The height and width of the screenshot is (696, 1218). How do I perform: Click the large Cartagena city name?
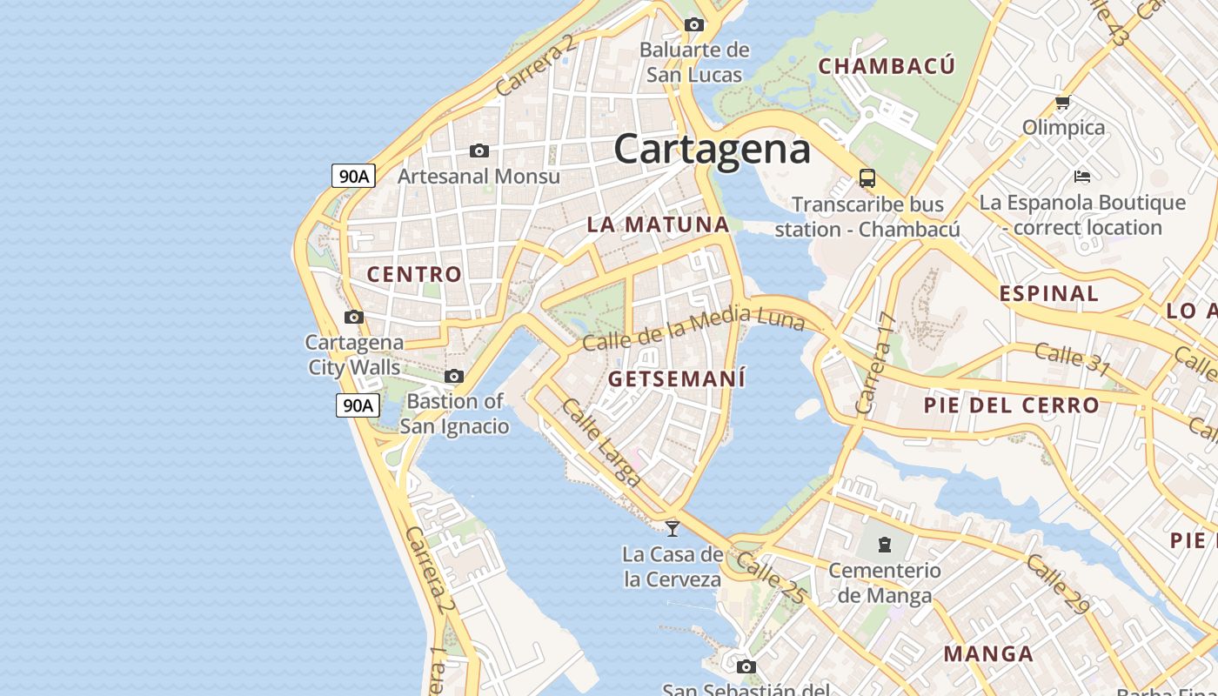click(x=712, y=150)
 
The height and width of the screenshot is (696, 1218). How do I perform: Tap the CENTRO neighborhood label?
click(x=414, y=275)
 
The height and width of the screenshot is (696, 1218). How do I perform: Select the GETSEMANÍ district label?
click(x=677, y=379)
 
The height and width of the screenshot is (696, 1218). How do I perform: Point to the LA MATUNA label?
click(x=658, y=224)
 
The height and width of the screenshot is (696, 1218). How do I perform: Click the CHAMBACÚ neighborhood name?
click(x=887, y=66)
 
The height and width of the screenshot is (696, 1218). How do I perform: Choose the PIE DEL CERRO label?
click(x=1012, y=405)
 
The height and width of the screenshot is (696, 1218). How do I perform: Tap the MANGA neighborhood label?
click(x=989, y=653)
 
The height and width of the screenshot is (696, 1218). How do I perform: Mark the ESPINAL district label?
click(x=1048, y=293)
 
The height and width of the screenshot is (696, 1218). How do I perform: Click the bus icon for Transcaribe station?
click(x=867, y=178)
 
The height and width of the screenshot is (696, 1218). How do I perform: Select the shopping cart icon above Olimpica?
click(x=1062, y=103)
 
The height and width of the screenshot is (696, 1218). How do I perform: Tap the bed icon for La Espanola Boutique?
click(x=1082, y=177)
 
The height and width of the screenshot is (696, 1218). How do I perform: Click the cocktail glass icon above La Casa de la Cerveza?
click(x=673, y=528)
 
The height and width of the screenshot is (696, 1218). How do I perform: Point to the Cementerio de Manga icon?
click(x=885, y=545)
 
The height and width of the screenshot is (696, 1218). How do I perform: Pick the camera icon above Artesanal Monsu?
click(x=478, y=151)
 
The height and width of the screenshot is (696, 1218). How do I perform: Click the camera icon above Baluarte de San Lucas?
click(x=693, y=24)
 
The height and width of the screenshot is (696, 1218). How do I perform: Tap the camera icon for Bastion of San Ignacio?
click(x=454, y=377)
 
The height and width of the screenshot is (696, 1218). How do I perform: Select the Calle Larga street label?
click(x=602, y=441)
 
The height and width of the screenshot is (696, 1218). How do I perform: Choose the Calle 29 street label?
click(x=1056, y=584)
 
